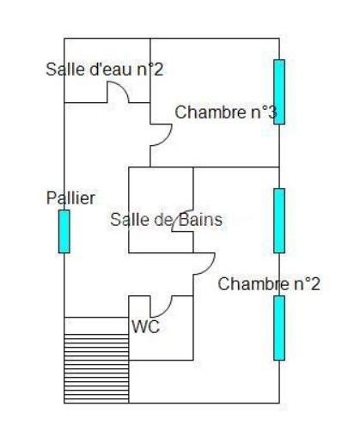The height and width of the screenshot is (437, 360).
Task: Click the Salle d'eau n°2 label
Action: [104, 70]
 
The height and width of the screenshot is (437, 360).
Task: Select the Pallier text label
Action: [70, 197]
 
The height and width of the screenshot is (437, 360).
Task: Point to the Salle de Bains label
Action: [166, 220]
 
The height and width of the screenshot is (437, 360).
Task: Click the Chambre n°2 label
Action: [269, 284]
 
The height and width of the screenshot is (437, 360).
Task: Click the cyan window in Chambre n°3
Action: [279, 91]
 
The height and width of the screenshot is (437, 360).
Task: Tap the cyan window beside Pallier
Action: [64, 231]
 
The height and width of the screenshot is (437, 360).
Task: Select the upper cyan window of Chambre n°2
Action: [279, 220]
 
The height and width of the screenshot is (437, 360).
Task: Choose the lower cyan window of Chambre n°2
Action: [279, 328]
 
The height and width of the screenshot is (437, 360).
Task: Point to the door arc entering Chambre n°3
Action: [162, 135]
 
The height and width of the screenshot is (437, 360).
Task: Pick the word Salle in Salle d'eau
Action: [64, 70]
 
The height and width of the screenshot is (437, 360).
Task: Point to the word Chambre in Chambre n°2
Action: [250, 284]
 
